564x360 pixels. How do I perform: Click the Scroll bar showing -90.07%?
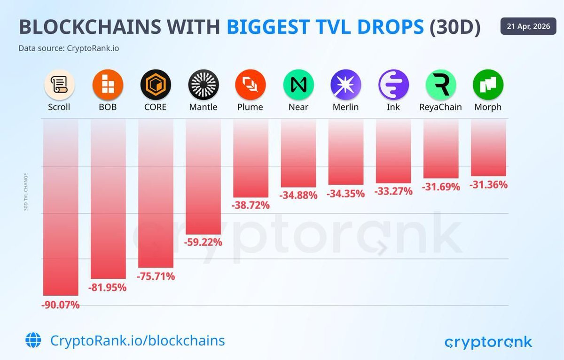[x=61, y=207]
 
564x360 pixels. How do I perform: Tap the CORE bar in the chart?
[x=156, y=193]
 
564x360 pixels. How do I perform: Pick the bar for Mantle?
[x=203, y=176]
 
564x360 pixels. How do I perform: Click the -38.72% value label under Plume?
[x=251, y=205]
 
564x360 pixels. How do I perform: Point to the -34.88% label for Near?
[x=298, y=195]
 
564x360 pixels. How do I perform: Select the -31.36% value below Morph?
[x=488, y=185]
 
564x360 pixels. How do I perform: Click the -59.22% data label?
[x=203, y=243]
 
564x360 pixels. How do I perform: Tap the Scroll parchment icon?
[x=59, y=85]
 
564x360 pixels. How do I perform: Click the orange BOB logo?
[x=108, y=85]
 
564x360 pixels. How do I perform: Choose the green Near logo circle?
[x=298, y=85]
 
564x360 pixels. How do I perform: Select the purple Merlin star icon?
[x=345, y=85]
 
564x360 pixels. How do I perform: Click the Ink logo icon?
[x=393, y=85]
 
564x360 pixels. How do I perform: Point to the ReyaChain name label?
[x=440, y=107]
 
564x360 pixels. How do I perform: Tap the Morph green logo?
[x=488, y=85]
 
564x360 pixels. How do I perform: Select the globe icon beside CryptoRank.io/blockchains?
[x=33, y=340]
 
